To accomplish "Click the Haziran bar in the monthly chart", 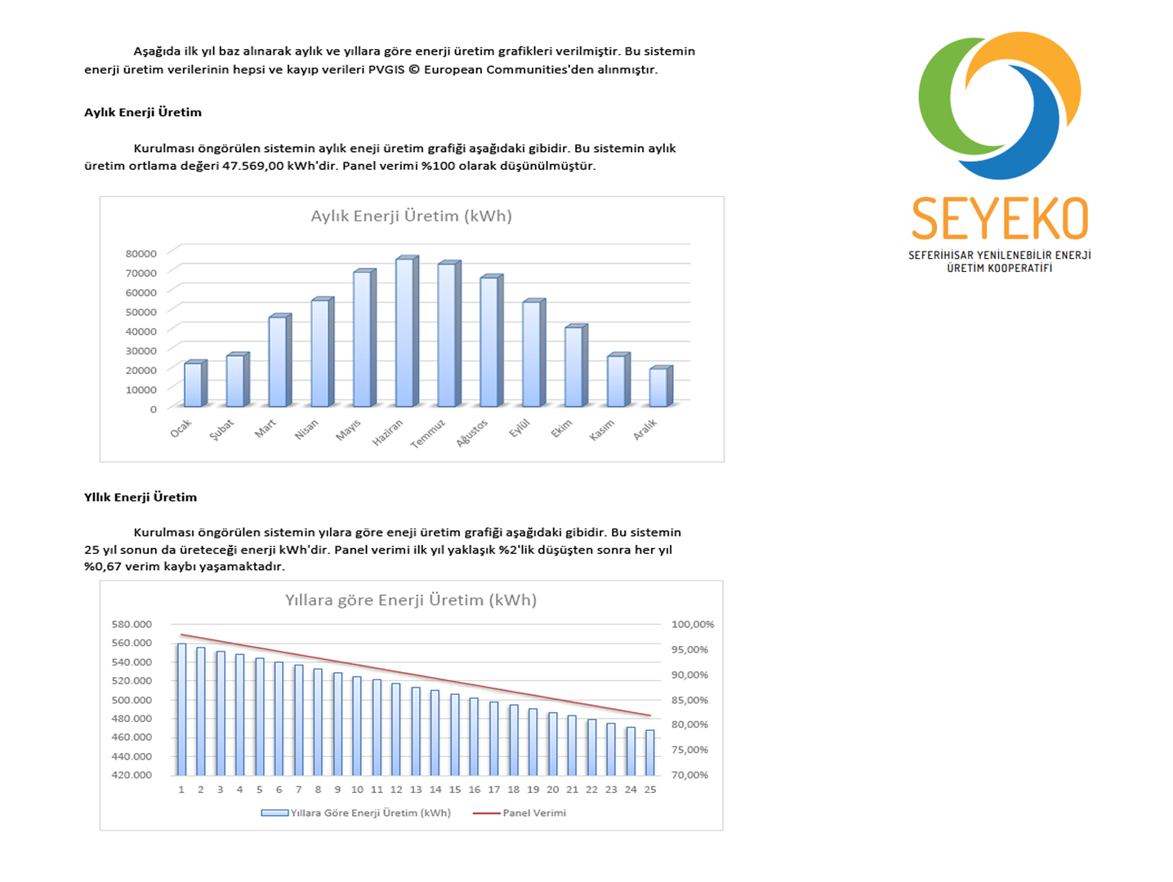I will click(x=405, y=332).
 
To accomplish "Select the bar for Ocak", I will click(x=194, y=385).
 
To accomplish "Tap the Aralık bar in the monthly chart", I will click(x=659, y=387).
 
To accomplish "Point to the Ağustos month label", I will click(x=472, y=433).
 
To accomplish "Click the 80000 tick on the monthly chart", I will click(x=141, y=253).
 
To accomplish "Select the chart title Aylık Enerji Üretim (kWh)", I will click(x=411, y=216).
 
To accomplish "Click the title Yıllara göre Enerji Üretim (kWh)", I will click(x=411, y=600).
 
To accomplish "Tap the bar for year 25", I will click(x=650, y=752).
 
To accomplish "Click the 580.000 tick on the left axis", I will click(x=132, y=624).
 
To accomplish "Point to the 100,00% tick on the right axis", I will click(x=692, y=624).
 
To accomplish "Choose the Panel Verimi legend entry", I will click(x=533, y=813).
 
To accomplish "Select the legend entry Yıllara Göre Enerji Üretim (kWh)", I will click(x=370, y=813).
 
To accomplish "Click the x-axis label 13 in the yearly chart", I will click(x=416, y=790).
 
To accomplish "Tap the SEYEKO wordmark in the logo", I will click(x=999, y=219).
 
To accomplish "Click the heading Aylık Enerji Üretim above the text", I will click(x=143, y=113).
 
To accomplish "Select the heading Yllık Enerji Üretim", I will click(x=140, y=497).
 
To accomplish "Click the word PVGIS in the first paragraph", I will click(x=386, y=69).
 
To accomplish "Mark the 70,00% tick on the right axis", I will click(x=689, y=774).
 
